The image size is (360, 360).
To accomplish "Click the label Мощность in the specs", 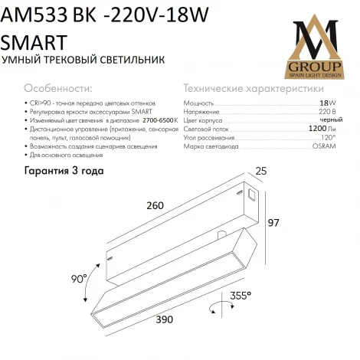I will coord(200,102).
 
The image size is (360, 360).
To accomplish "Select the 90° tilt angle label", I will coord(80,279).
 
